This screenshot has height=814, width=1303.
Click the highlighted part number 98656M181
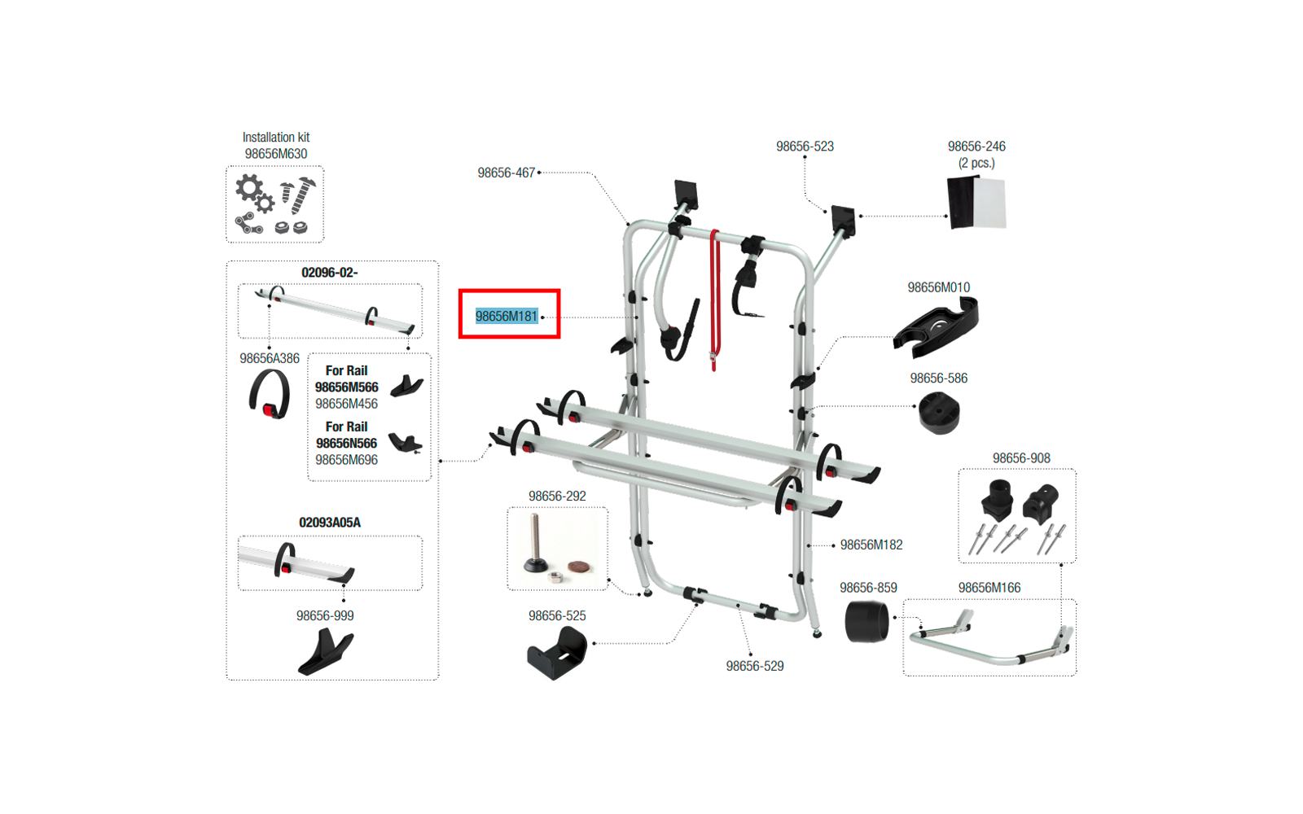tap(507, 317)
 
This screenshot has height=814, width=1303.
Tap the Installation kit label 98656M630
tap(276, 154)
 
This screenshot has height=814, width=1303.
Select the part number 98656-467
tap(506, 173)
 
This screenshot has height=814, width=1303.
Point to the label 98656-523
tap(805, 146)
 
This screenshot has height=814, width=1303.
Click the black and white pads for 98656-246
tap(976, 203)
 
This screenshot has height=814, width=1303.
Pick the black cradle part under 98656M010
tap(936, 326)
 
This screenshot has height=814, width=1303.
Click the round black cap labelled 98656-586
tap(939, 414)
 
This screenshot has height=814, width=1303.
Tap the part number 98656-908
tap(1021, 458)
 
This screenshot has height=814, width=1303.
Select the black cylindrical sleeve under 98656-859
tap(866, 622)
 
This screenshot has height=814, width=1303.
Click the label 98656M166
tap(989, 588)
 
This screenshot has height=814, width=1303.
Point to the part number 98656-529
tap(754, 666)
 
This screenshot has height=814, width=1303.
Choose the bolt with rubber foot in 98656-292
tap(534, 544)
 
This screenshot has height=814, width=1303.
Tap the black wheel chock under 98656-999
tap(326, 652)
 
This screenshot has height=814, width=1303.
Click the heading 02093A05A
tap(330, 523)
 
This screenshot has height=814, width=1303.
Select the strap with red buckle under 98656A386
tap(270, 395)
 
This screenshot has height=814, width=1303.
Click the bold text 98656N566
tap(347, 443)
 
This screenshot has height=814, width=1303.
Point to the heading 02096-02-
tap(330, 273)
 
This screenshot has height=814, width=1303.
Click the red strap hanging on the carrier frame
tap(714, 300)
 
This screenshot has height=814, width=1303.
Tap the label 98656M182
tap(871, 545)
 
